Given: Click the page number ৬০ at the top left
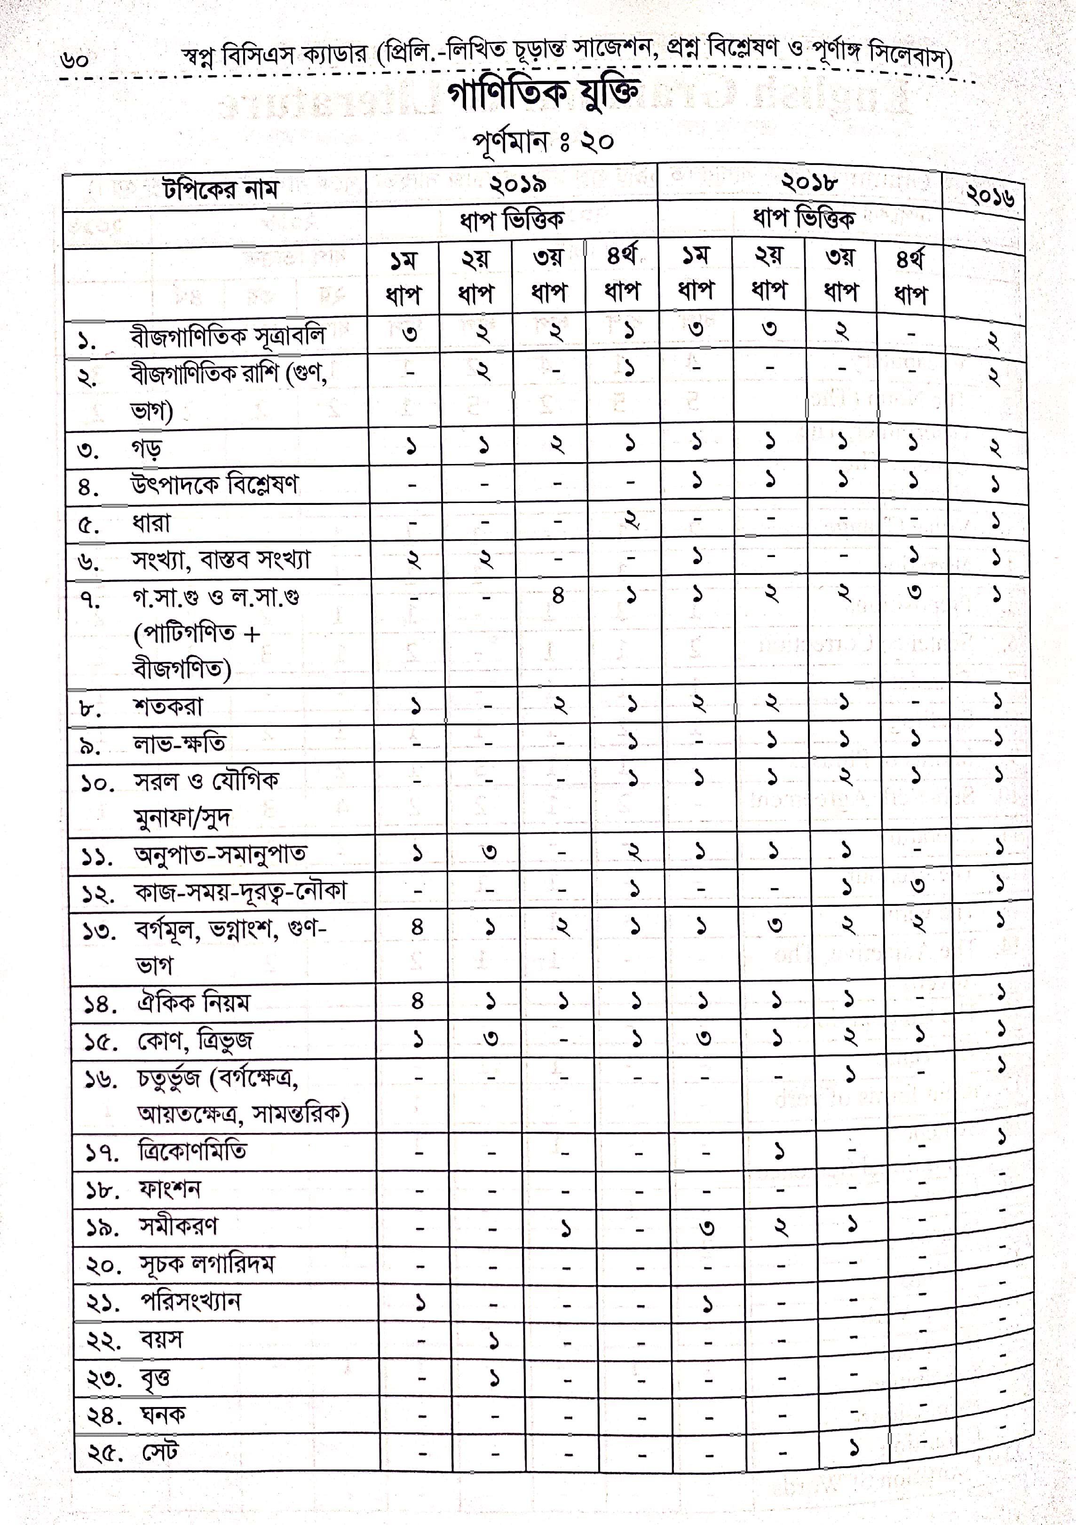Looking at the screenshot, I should point(74,60).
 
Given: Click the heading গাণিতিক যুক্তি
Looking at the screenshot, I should point(543,94).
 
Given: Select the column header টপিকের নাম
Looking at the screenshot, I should point(220,190).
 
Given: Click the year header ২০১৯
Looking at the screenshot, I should point(518,184).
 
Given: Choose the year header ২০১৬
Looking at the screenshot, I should point(989,196).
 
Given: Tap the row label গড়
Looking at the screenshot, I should point(146,448).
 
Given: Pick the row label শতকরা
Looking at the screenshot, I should point(168,707).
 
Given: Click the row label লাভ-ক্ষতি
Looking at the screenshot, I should point(180,743).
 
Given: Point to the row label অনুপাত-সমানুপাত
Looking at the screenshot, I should point(221,854).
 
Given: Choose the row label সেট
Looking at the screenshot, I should point(160,1453).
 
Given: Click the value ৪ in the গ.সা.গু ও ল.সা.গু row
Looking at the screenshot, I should point(558,596).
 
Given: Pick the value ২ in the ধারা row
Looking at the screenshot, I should point(631,520).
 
